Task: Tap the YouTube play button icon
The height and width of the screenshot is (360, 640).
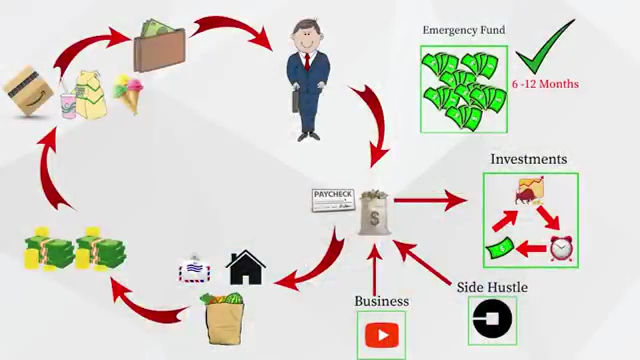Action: point(382,335)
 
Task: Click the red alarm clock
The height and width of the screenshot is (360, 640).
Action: point(561,248)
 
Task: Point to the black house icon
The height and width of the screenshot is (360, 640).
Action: point(246,268)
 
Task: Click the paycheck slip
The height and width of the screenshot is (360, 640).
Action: point(333,200)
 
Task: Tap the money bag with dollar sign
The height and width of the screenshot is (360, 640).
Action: point(375,213)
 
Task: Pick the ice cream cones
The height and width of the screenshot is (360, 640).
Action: point(129,92)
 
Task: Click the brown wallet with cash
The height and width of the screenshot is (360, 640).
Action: point(159,47)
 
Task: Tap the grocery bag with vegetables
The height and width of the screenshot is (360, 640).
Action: point(224,318)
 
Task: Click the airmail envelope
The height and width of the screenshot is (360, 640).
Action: point(195,270)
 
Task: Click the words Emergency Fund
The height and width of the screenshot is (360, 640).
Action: point(464,30)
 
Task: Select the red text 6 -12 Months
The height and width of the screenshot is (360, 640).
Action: point(545,84)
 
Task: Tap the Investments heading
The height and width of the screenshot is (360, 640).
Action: point(529,159)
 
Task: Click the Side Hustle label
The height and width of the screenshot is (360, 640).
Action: point(492,287)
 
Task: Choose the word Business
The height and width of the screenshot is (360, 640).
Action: point(382,301)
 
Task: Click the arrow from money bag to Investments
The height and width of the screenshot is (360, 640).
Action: point(430,200)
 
